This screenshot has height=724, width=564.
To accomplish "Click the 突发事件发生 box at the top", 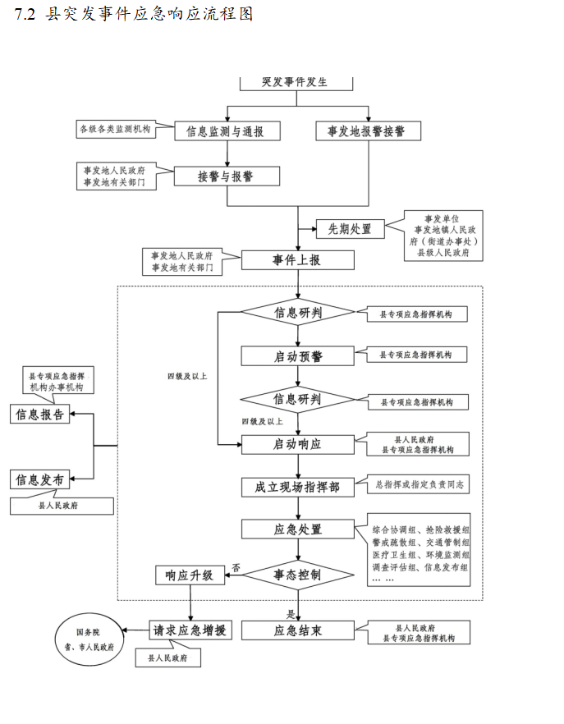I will (296, 83).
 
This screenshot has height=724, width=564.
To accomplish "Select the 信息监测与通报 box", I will (227, 131).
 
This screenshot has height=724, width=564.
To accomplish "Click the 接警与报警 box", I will (227, 176).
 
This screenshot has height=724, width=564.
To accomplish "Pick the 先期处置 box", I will (349, 229).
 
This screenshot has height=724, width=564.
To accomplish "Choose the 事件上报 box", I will (297, 260).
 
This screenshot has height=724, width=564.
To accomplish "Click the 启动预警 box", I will (297, 356).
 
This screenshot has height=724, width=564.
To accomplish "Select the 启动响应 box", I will (297, 444).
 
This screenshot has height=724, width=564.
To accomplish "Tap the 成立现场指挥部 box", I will (297, 487).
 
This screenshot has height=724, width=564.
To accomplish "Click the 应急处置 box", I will (297, 529).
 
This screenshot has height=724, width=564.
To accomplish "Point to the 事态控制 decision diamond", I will (297, 575).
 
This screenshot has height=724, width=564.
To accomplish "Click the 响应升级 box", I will (190, 575).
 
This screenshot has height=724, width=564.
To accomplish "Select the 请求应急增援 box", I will (190, 630).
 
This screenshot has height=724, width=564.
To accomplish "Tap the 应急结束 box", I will (297, 630).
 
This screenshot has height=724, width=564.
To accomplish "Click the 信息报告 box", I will (40, 415).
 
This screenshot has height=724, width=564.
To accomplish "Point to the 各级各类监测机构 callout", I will (115, 129).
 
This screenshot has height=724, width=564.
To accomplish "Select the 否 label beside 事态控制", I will (236, 567).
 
